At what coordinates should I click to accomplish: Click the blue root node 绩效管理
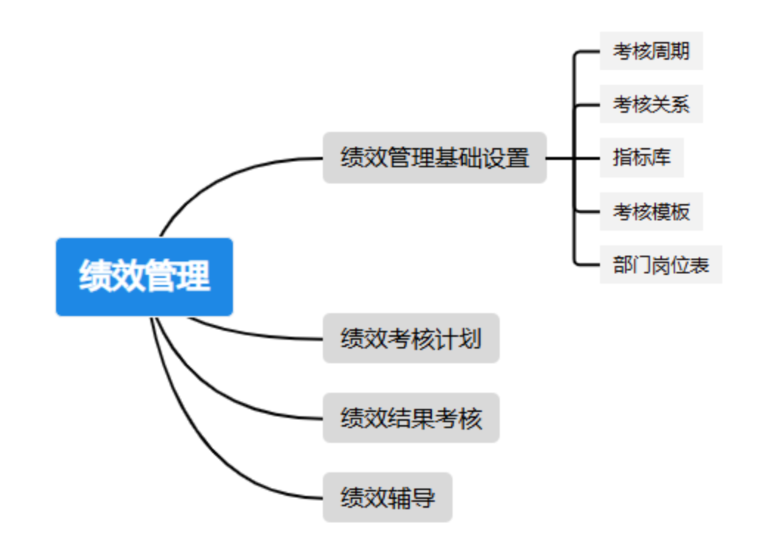coord(144,276)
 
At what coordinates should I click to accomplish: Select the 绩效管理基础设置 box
coord(434,158)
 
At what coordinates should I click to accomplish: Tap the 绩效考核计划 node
coord(411,338)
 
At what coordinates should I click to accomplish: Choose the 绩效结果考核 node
coord(411,418)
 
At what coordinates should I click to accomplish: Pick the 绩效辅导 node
coord(387,497)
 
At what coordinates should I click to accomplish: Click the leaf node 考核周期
coord(651,51)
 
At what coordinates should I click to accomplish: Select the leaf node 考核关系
coord(651,104)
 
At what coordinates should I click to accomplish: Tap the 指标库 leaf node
coord(641,157)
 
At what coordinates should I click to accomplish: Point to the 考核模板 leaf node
coord(651,211)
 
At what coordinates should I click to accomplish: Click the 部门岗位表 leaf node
coord(660,265)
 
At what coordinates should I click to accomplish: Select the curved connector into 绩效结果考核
coord(221,394)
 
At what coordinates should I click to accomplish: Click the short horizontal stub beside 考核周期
coord(587,51)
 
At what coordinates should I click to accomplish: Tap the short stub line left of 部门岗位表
coord(587,265)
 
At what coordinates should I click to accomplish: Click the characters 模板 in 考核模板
coord(670,211)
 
